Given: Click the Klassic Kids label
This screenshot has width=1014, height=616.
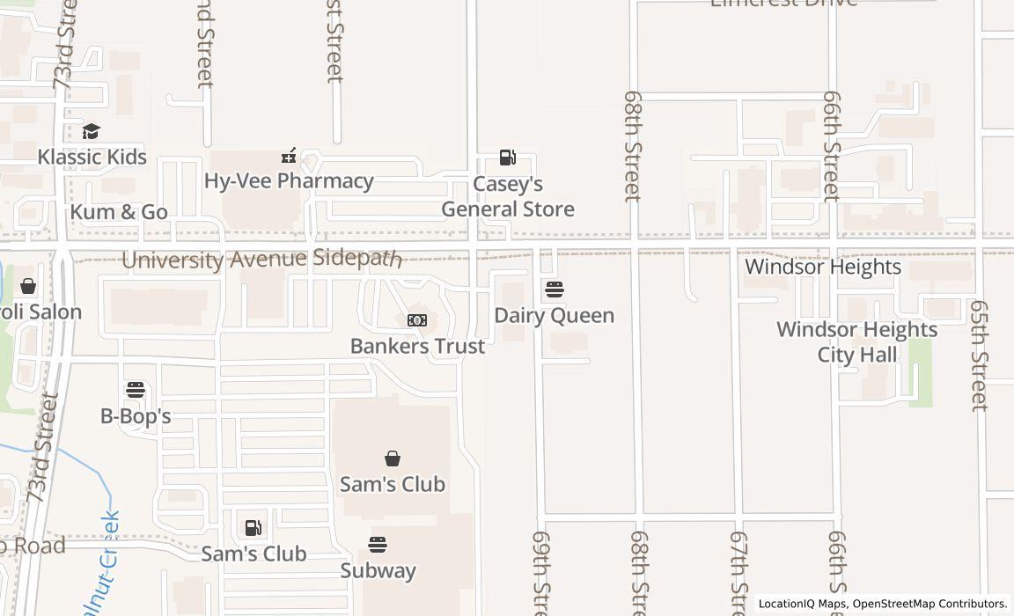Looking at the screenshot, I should pos(92,157).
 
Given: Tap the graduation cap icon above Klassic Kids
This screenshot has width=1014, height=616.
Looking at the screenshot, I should pos(91,132).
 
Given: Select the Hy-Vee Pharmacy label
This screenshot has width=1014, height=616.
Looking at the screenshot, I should pos(289,180).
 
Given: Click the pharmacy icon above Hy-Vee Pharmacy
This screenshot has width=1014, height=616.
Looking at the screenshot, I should pos(288,156).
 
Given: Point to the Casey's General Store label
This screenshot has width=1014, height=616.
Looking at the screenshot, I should pos(508,196).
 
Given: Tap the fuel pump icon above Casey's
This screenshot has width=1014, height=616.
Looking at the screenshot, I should pos(507,158).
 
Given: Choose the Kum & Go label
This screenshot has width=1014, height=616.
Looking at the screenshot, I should pos(118,212).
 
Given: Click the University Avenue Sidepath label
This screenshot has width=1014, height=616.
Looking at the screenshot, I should pos(261,260).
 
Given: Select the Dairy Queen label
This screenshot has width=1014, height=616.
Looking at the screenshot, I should pos(554,315).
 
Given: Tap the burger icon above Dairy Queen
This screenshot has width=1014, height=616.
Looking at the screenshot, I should pos(554,290).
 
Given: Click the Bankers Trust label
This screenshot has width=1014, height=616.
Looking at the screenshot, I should pos(417,346).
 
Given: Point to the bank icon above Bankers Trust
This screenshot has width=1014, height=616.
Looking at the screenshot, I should pos(417,320).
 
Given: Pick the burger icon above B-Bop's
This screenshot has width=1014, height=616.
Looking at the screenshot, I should pos(135,389).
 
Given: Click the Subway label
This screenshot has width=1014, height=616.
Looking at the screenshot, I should pos(378,570).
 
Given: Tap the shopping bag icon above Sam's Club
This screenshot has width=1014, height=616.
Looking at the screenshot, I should pos(393,458).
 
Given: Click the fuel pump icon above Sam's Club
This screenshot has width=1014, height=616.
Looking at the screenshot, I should pos(253,528).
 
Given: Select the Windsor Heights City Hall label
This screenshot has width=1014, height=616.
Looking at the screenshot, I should pos(856,341).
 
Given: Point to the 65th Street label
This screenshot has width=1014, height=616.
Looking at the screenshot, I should pos(979,355).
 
